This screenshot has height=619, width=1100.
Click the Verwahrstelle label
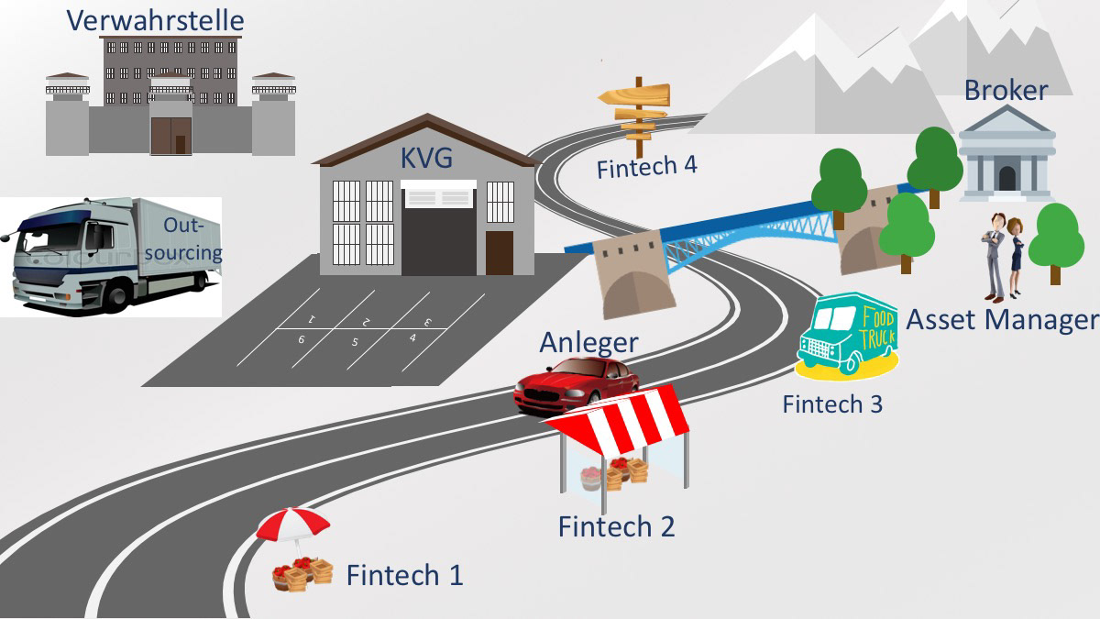pyautogui.click(x=155, y=19)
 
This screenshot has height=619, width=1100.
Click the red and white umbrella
pyautogui.click(x=292, y=526)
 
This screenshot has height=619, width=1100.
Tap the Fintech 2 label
pyautogui.click(x=616, y=526)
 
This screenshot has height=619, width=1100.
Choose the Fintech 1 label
pyautogui.click(x=404, y=575)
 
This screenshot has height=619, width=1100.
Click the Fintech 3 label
pyautogui.click(x=832, y=403)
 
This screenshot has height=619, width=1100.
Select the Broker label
pyautogui.click(x=1006, y=90)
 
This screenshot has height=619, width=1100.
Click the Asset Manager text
pyautogui.click(x=1001, y=320)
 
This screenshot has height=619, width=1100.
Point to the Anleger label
pyautogui.click(x=588, y=342)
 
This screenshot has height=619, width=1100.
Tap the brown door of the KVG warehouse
pyautogui.click(x=500, y=252)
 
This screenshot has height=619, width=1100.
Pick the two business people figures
pyautogui.click(x=1003, y=257)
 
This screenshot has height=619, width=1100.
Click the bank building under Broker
pyautogui.click(x=1006, y=153)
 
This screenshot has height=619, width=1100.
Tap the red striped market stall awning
pyautogui.click(x=619, y=416)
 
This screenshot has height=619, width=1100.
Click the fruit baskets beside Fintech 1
pyautogui.click(x=303, y=573)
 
